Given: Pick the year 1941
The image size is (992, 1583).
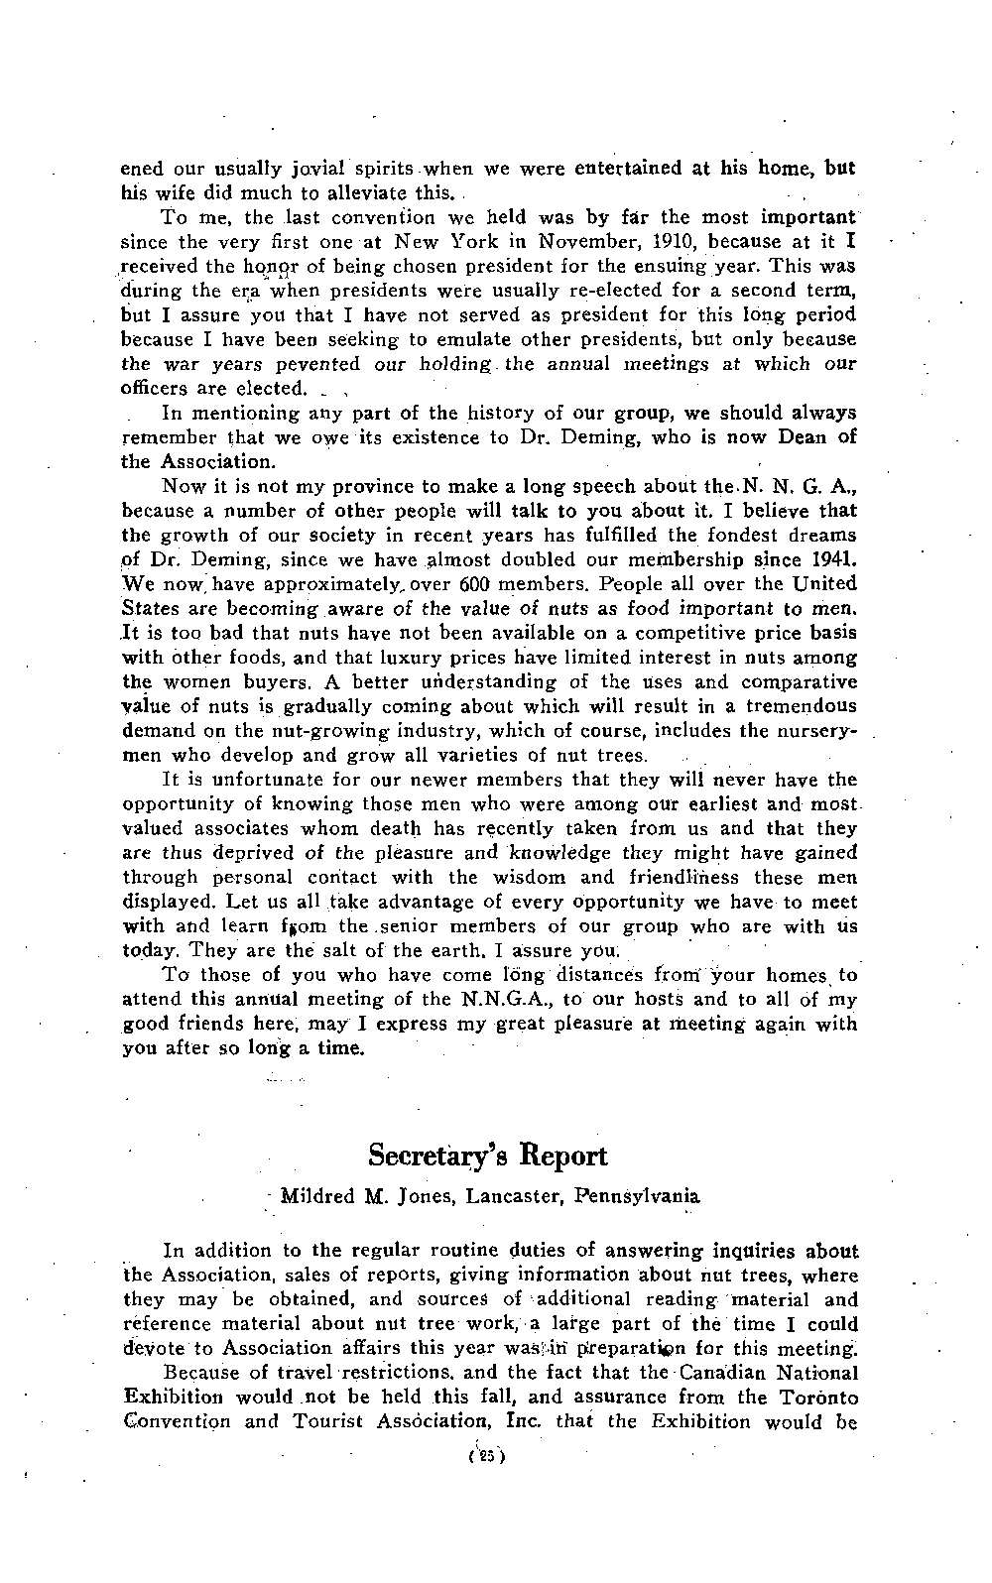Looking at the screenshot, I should [833, 559].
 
